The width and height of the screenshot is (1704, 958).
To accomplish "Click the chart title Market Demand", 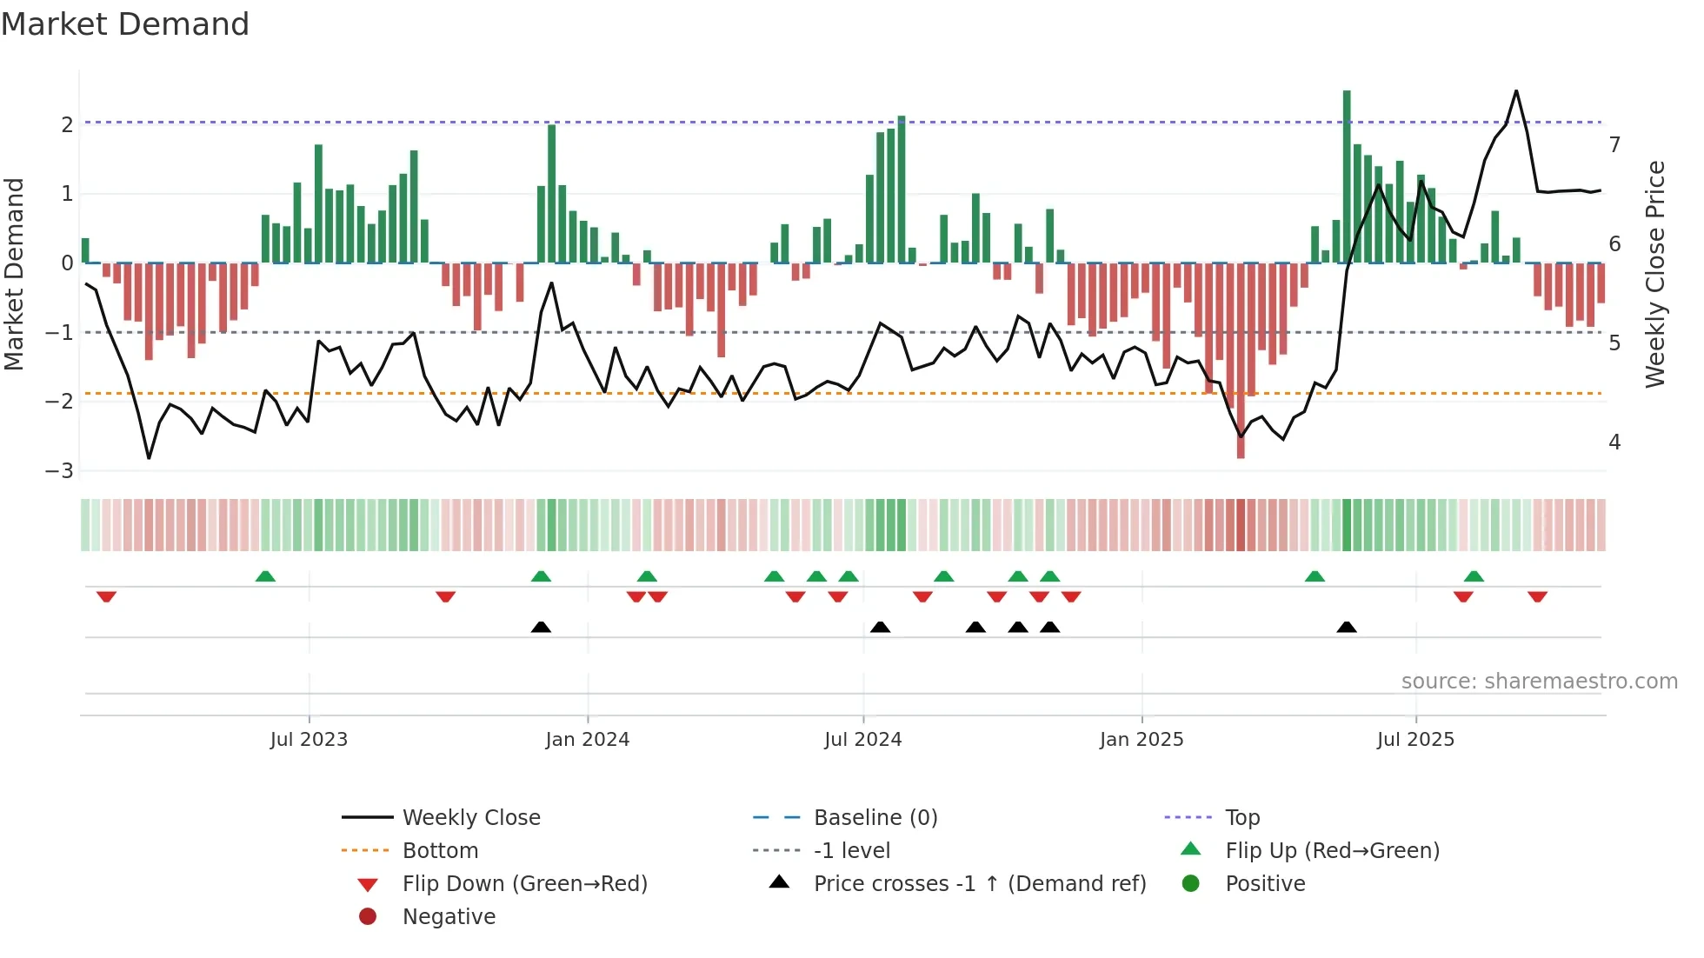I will [125, 24].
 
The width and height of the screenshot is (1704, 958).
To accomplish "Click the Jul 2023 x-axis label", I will [309, 740].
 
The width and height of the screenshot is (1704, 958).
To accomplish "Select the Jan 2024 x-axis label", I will [587, 740].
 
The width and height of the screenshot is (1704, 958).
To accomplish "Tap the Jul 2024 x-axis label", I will [862, 740].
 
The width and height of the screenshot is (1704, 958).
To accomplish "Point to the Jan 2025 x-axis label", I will [1141, 740].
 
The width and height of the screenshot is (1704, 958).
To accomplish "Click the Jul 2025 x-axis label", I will [1415, 740].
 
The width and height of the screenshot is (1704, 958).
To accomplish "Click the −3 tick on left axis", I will [59, 471].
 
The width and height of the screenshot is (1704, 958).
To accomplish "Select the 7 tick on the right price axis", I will [1614, 144].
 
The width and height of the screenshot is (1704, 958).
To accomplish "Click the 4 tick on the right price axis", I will [1614, 442].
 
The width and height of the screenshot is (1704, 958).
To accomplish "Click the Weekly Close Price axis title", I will [1655, 274].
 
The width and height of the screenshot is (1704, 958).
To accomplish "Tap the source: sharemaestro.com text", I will [1539, 682].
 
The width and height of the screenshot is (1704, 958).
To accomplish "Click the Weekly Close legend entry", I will [470, 818].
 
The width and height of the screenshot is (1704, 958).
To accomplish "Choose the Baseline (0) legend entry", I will [875, 818].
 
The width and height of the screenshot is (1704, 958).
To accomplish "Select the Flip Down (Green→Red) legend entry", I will [524, 884].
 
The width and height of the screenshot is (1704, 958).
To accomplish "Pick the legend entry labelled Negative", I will [449, 917].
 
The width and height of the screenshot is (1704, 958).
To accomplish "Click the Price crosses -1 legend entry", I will [979, 884].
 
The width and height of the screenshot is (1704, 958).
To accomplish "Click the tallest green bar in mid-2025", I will [1347, 174].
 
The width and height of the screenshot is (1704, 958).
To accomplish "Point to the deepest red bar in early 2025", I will [1241, 365].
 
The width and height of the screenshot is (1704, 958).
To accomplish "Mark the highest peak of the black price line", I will [1516, 91].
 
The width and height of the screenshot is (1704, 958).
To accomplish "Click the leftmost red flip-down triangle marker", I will [106, 596].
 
